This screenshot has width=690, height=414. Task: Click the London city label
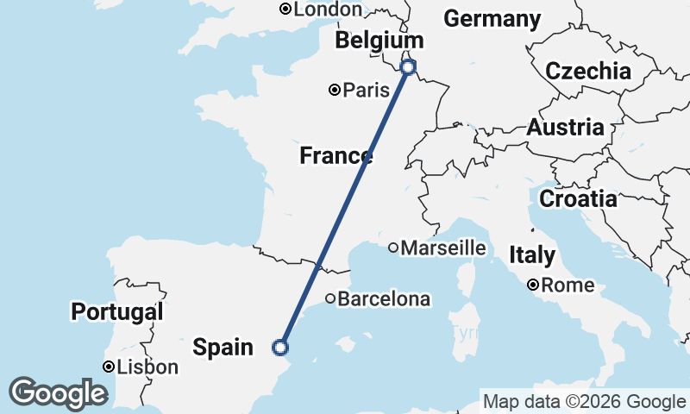(x=328, y=9)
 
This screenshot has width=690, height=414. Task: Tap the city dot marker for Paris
(x=335, y=90)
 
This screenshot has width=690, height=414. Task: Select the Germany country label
(x=492, y=19)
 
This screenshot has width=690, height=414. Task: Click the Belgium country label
(x=379, y=41)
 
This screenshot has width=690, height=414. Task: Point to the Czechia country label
(x=588, y=71)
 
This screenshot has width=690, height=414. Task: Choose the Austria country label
(x=565, y=128)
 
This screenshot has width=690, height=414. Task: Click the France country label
(x=336, y=156)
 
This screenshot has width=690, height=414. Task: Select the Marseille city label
(x=443, y=248)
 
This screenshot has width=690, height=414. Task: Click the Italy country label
(x=532, y=255)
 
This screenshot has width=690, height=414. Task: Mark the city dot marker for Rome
(x=534, y=285)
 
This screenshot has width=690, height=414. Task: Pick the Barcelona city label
(x=383, y=299)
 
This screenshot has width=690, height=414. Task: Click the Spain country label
(x=223, y=348)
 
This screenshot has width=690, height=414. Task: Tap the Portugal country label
(x=117, y=311)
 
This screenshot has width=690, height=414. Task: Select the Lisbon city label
(x=147, y=367)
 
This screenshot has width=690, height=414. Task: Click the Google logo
(x=58, y=393)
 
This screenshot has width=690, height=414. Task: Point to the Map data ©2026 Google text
(x=584, y=401)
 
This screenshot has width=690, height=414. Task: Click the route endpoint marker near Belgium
(x=409, y=66)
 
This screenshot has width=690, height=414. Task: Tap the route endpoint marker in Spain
(x=279, y=348)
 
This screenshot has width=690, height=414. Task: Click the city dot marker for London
(x=285, y=9)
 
